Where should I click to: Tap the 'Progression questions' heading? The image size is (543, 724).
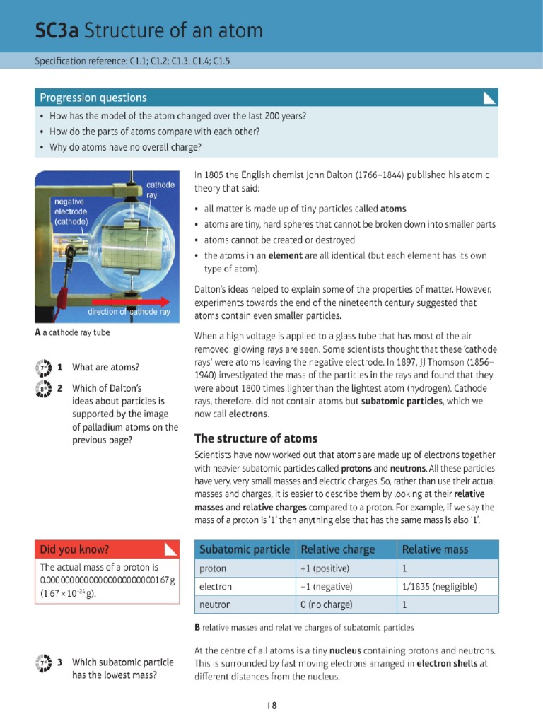[93, 98]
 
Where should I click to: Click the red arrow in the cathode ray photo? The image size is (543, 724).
[141, 300]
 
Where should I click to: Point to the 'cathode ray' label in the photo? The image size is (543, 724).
[160, 189]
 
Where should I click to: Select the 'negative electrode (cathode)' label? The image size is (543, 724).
[71, 211]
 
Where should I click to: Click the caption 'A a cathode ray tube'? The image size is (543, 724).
[72, 332]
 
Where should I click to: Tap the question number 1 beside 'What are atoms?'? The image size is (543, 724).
[61, 367]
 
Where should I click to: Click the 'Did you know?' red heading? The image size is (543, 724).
[75, 549]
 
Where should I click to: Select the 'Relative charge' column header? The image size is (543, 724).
[337, 549]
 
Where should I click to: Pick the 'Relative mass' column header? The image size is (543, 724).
[435, 549]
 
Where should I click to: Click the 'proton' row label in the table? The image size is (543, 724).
[213, 568]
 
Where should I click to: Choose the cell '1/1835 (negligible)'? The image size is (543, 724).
[439, 587]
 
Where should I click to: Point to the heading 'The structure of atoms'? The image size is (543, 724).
[256, 438]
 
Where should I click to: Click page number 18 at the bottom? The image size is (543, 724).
[271, 705]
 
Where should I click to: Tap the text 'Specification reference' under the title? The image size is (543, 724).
[80, 61]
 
